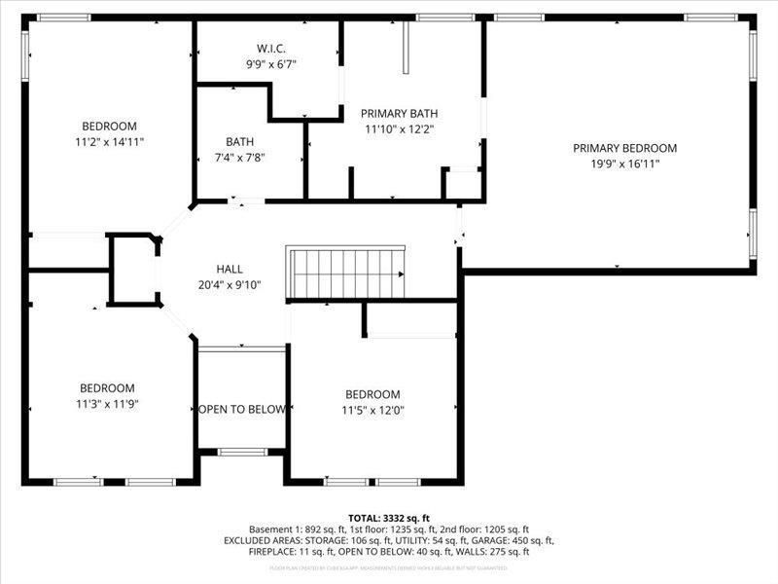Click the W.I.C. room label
(270, 48)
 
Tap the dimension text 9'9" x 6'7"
(270, 63)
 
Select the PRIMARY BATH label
(399, 113)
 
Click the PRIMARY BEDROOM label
(624, 148)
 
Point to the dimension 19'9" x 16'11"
(624, 164)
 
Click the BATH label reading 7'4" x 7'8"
(239, 141)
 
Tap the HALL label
(230, 269)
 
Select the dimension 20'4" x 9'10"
(230, 285)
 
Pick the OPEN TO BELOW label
(242, 409)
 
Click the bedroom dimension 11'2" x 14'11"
(109, 142)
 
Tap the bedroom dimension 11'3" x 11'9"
(108, 403)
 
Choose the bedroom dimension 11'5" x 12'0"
(373, 410)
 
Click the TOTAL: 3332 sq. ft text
(389, 518)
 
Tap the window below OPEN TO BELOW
(242, 452)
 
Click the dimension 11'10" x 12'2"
(399, 128)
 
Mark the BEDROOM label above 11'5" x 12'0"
(373, 394)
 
